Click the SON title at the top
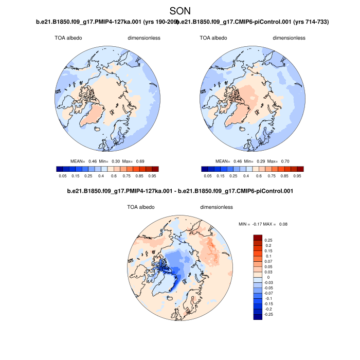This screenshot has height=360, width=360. tap(180, 10)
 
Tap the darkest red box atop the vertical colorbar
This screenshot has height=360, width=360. tap(257, 238)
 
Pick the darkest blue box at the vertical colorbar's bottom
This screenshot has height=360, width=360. tap(257, 316)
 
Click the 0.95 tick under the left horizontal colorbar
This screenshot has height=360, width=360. tap(155, 176)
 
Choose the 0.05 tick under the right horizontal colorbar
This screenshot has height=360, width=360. tap(208, 176)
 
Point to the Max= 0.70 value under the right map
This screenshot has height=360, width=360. tap(284, 161)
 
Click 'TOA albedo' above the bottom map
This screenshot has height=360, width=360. tap(140, 207)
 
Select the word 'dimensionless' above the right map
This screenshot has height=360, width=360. tap(289, 38)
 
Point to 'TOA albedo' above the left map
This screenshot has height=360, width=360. tap(68, 38)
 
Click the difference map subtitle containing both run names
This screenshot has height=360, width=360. tap(180, 192)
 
